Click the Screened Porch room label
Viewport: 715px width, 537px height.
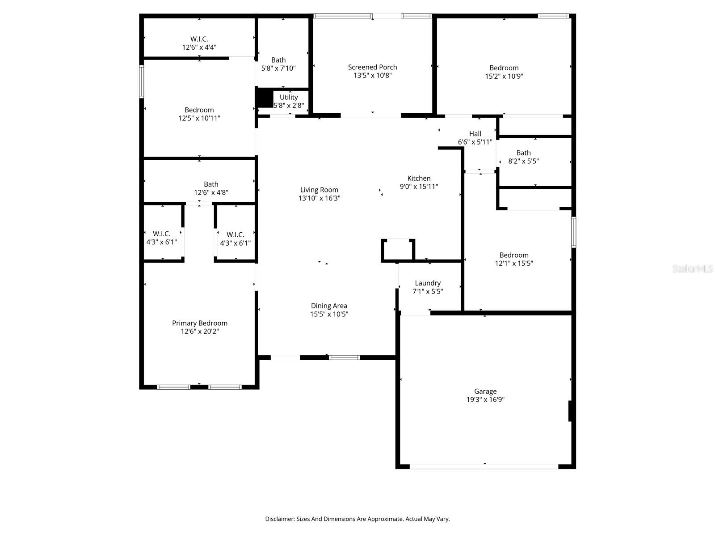(x=372, y=67)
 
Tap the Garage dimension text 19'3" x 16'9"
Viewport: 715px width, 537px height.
(x=485, y=400)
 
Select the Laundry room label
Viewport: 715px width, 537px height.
(x=428, y=283)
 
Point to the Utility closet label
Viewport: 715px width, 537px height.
(x=289, y=97)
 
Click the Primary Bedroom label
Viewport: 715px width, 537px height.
(x=200, y=323)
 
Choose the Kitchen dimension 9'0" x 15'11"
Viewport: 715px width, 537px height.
(x=419, y=187)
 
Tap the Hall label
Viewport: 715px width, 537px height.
(x=475, y=134)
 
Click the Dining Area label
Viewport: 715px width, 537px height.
(x=329, y=306)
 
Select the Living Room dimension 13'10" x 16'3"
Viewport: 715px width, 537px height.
(x=319, y=198)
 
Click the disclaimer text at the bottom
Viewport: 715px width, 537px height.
(x=357, y=519)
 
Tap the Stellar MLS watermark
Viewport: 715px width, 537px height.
(x=692, y=269)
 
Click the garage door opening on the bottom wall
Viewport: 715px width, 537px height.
(x=484, y=466)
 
